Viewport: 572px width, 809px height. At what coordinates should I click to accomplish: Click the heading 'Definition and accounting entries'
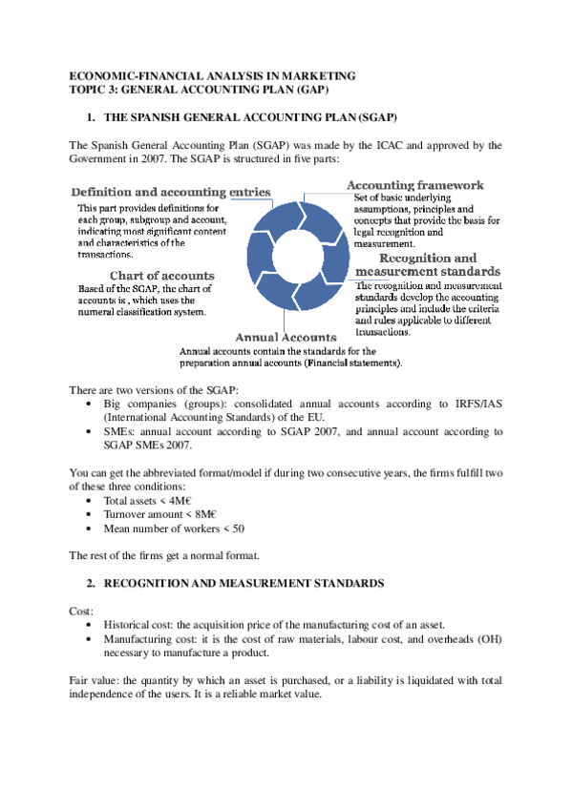tap(171, 192)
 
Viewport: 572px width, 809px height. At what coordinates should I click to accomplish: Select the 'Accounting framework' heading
tap(414, 185)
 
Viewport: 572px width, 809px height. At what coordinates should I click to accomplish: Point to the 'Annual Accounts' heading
tap(286, 338)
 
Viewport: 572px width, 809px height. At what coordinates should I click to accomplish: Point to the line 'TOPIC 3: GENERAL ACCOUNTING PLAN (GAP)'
tap(200, 89)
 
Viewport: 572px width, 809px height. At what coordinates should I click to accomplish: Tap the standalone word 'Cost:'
tap(81, 609)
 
